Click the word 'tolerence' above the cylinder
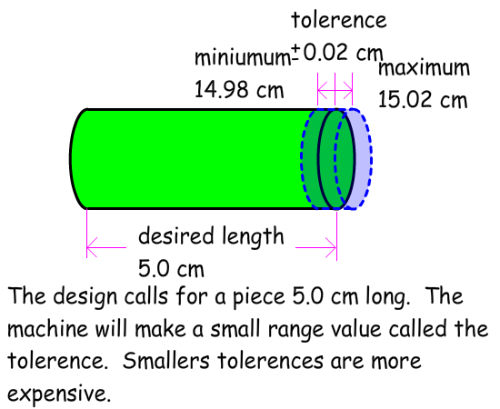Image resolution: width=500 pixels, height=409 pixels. (x=339, y=20)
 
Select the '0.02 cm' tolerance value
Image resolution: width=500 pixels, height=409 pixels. (x=343, y=53)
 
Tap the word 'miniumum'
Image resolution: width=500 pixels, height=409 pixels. (x=242, y=58)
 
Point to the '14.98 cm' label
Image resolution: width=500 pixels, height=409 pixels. (x=239, y=89)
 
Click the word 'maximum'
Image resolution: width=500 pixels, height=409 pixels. (x=424, y=68)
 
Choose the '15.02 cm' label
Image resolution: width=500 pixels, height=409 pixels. (x=423, y=99)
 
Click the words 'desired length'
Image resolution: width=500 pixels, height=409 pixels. (x=211, y=236)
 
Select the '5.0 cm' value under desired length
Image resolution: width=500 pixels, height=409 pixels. (x=171, y=269)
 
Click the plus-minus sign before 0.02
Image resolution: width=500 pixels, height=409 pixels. (x=295, y=53)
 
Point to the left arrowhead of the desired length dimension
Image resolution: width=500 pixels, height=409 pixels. (x=92, y=247)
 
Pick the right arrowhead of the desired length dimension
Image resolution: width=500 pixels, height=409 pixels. (x=331, y=247)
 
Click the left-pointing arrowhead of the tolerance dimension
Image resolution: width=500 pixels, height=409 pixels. (x=322, y=91)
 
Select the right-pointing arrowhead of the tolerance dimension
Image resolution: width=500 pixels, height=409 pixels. (x=348, y=91)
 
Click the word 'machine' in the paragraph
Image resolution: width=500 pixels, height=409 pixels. (x=47, y=328)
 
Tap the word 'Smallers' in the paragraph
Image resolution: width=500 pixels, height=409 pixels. (x=166, y=361)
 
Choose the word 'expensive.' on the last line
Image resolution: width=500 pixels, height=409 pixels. (x=59, y=394)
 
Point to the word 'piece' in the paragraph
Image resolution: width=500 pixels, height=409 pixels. (x=259, y=297)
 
